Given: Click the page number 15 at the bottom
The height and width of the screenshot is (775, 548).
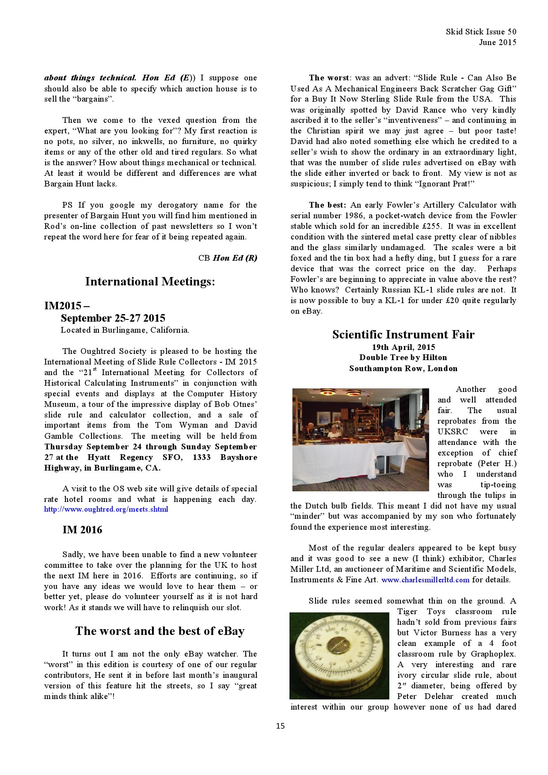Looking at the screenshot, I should tap(280, 726).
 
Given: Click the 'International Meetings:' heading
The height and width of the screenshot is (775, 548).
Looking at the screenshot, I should tap(150, 281).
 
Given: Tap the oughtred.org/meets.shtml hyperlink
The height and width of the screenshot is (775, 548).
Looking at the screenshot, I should tap(106, 509).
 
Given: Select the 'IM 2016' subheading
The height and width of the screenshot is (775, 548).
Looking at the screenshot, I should tap(82, 530).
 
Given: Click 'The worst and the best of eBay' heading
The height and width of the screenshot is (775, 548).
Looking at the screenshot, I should tap(160, 631).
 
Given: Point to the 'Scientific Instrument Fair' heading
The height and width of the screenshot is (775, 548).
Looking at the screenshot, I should tap(403, 334).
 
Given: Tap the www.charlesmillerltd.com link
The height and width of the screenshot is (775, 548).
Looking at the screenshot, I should tap(425, 580).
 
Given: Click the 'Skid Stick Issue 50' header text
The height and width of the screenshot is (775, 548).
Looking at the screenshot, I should tap(481, 32).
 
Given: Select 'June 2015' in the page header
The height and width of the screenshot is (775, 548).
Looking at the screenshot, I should tap(497, 42).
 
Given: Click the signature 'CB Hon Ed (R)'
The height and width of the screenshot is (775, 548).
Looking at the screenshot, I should tap(228, 258).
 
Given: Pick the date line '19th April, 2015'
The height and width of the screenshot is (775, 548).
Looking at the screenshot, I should tap(403, 347).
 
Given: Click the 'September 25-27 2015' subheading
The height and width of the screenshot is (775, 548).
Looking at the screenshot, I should tap(113, 318).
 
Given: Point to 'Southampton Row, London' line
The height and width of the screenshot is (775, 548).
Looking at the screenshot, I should tap(403, 369).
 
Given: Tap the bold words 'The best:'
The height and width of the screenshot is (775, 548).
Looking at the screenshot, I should tap(328, 205).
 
